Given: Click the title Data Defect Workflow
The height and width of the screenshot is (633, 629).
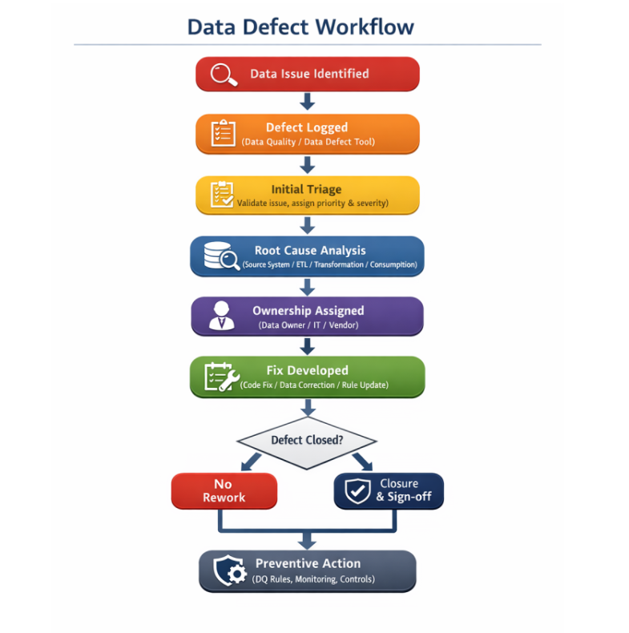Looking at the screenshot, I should pyautogui.click(x=300, y=26).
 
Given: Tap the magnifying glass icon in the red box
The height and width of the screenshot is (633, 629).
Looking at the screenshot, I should pyautogui.click(x=224, y=75).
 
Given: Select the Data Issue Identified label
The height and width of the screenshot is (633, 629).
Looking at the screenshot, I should pyautogui.click(x=309, y=74).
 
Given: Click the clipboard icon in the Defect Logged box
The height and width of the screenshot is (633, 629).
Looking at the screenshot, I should pyautogui.click(x=223, y=133).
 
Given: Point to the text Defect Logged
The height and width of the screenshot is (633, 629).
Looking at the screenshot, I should pyautogui.click(x=307, y=127).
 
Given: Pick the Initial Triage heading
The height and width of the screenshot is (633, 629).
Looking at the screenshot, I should pyautogui.click(x=306, y=189).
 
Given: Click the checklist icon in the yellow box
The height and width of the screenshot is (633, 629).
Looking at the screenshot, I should pyautogui.click(x=222, y=196).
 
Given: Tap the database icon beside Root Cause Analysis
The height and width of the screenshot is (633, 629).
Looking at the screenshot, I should pyautogui.click(x=219, y=256).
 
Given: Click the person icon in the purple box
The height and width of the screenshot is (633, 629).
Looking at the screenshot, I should pyautogui.click(x=221, y=316).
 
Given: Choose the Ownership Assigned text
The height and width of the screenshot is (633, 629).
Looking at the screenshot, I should pyautogui.click(x=308, y=310).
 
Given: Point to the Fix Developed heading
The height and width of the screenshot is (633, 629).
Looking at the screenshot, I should pyautogui.click(x=307, y=370).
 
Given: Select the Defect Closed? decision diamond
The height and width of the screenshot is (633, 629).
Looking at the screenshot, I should pyautogui.click(x=307, y=440).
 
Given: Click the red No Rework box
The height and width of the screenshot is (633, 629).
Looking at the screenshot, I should pyautogui.click(x=224, y=490).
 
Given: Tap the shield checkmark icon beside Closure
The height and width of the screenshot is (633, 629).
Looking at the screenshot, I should pyautogui.click(x=357, y=490).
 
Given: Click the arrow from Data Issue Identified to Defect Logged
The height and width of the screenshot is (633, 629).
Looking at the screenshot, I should pyautogui.click(x=307, y=101).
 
